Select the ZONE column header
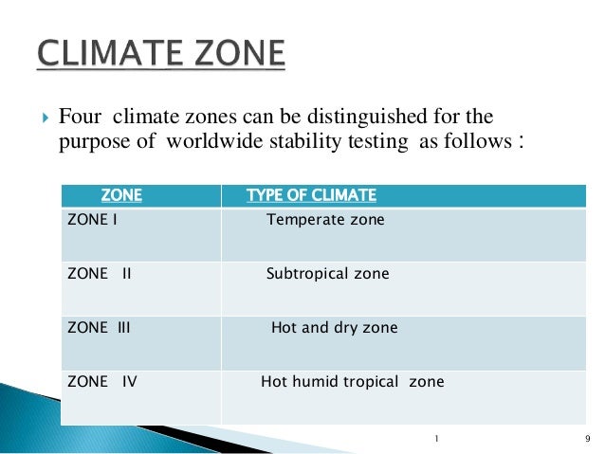121,196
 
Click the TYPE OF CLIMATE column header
311,196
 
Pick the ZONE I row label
92,220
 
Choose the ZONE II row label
100,274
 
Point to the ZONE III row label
100,328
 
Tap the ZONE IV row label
102,382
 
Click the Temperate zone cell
325,220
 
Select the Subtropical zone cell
327,274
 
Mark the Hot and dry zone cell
334,328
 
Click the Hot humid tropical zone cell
352,382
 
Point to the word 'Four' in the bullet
80,118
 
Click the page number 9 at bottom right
589,438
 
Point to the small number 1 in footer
436,438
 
